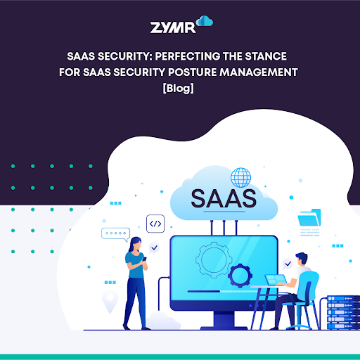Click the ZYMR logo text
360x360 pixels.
(172, 27)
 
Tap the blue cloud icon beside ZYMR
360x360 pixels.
(205, 22)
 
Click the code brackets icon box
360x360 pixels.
(155, 224)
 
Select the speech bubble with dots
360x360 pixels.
(115, 233)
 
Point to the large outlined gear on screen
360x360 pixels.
(212, 257)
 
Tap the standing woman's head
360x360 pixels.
(134, 245)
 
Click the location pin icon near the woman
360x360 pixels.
(109, 301)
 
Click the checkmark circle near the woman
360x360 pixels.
(154, 248)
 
